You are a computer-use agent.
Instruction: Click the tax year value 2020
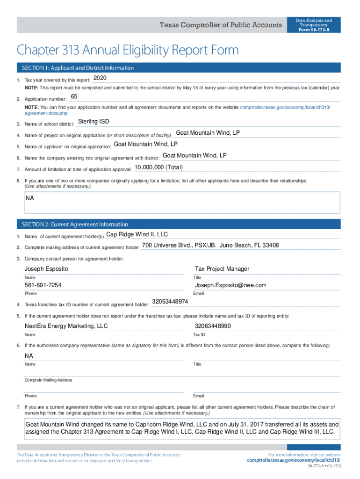coord(101,78)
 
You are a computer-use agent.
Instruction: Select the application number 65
coord(74,97)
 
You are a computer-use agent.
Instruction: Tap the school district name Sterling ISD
coord(94,122)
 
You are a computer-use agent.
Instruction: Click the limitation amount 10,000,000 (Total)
coord(158,167)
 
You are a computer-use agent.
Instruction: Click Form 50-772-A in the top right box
coord(314,30)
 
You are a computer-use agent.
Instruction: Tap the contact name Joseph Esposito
coord(46,269)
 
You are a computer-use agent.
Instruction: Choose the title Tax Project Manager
coord(222,269)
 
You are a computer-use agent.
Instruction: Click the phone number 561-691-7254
coord(43,285)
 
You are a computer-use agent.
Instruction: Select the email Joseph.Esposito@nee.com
coord(230,285)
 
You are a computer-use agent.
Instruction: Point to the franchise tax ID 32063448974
coord(170,302)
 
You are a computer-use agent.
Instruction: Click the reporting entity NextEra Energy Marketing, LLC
coord(66,326)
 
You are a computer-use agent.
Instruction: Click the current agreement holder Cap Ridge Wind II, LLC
coord(137,234)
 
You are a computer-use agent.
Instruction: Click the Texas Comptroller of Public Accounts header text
coord(221,25)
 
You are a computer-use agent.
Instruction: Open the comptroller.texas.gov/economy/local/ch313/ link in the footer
coord(294,460)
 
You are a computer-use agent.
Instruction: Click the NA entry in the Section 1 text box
coord(29,198)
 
